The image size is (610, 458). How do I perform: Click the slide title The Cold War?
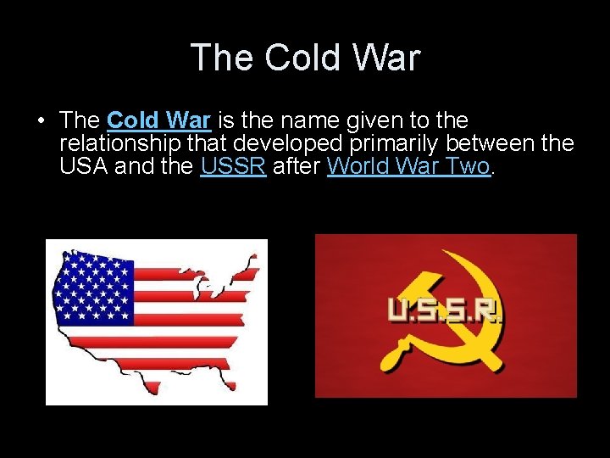click(305, 58)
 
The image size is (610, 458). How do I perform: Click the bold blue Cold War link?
click(158, 121)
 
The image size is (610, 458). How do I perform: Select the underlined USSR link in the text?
click(233, 166)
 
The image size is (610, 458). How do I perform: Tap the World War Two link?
click(408, 166)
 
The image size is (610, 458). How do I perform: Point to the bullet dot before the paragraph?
click(41, 122)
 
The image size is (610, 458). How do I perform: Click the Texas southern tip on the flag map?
click(152, 390)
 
